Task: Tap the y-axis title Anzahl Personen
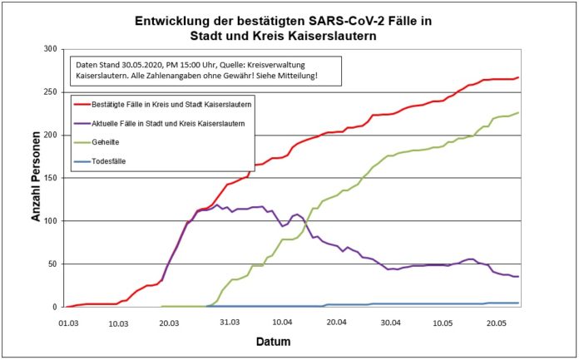(x=37, y=179)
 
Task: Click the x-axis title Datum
(x=291, y=341)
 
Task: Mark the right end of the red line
(x=518, y=77)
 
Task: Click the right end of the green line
(x=518, y=113)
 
